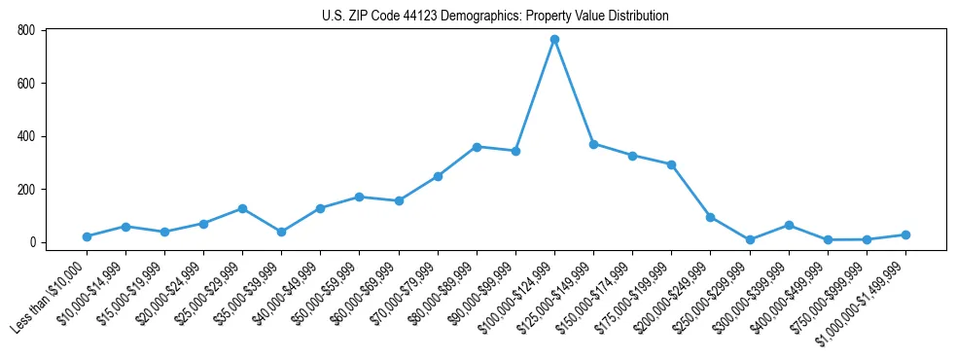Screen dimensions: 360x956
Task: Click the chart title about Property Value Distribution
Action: [x=495, y=16]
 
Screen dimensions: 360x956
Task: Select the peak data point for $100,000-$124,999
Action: [x=554, y=39]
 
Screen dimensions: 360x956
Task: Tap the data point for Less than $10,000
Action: [x=87, y=236]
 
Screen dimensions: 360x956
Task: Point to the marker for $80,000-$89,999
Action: [x=477, y=147]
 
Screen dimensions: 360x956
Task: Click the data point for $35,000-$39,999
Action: [x=281, y=232]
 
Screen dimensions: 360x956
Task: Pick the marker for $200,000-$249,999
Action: [x=710, y=217]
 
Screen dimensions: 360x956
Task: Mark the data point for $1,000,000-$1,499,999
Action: [x=905, y=234]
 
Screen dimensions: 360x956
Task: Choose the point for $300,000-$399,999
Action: [x=789, y=225]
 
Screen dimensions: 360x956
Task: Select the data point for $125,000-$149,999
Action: [x=593, y=144]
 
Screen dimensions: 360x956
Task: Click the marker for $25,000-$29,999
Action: [x=242, y=208]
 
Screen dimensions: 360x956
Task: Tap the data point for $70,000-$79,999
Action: [x=438, y=176]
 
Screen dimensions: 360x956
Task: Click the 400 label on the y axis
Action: [x=26, y=136]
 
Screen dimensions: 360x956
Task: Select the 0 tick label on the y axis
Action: [x=32, y=242]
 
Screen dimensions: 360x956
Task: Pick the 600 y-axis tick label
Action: [x=26, y=84]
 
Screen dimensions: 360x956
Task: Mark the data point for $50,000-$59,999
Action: [x=360, y=197]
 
